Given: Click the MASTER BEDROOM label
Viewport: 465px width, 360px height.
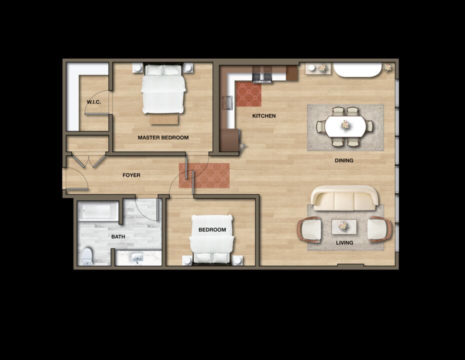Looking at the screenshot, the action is pos(163,137).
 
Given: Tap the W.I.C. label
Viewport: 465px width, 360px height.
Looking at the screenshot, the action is pos(93,102).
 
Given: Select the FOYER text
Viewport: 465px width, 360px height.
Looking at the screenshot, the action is pos(131,175).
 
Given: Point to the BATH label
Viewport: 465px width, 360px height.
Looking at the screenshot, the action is pos(118,236).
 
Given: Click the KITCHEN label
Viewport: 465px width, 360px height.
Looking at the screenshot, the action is pos(264,116).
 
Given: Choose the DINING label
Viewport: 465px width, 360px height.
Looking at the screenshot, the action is pos(344,160).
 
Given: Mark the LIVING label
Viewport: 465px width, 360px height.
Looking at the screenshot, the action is pos(344,242).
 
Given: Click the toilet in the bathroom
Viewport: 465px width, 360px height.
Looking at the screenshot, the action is pos(87,257).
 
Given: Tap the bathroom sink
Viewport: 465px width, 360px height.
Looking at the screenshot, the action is pos(137,258).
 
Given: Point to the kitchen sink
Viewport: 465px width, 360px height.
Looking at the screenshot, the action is pos(228,102).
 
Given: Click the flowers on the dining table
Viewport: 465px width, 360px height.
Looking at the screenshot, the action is pos(345,124).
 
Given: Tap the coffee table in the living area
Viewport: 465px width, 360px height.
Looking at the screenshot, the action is pos(344,227).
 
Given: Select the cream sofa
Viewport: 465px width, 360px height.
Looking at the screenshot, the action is pos(344,198).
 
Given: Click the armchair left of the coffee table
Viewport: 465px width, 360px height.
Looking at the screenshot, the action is pos(309,230).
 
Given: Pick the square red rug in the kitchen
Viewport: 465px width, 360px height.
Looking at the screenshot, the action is pos(248,94).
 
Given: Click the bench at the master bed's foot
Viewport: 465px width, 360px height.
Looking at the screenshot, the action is pos(164,119).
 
